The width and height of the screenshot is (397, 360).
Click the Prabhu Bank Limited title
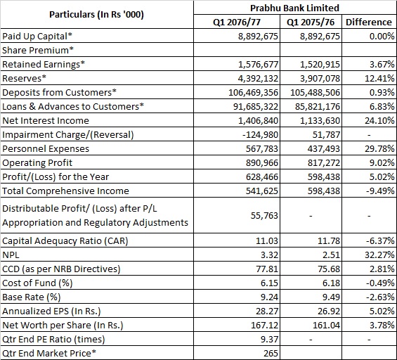[x=294, y=8]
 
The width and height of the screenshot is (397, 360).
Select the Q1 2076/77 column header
[x=237, y=22]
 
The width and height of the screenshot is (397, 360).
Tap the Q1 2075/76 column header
[x=311, y=22]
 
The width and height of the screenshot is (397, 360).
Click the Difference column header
[x=369, y=22]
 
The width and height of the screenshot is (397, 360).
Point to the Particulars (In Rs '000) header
[x=96, y=15]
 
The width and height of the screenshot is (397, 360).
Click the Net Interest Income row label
[x=46, y=121]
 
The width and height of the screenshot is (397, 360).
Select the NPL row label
[x=11, y=255]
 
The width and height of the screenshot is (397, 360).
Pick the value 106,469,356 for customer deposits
[x=253, y=93]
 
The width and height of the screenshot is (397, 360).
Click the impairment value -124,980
[x=260, y=134]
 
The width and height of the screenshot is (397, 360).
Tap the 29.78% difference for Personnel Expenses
[x=379, y=149]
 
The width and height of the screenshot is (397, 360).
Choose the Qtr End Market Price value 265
[x=271, y=353]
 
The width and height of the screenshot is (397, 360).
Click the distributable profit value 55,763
[x=264, y=216]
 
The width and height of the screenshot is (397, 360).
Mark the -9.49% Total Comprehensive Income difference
[x=380, y=191]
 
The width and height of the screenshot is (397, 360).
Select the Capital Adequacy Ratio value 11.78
[x=329, y=240]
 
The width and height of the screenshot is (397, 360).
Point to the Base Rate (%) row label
[x=32, y=297]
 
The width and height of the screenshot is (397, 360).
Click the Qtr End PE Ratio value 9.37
[x=269, y=339]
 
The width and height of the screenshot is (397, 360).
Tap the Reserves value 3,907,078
[x=320, y=79]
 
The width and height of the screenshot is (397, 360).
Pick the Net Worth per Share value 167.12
[x=264, y=325]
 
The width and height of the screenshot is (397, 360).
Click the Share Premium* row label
[x=38, y=50]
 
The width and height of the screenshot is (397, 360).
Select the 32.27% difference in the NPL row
[x=379, y=255]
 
